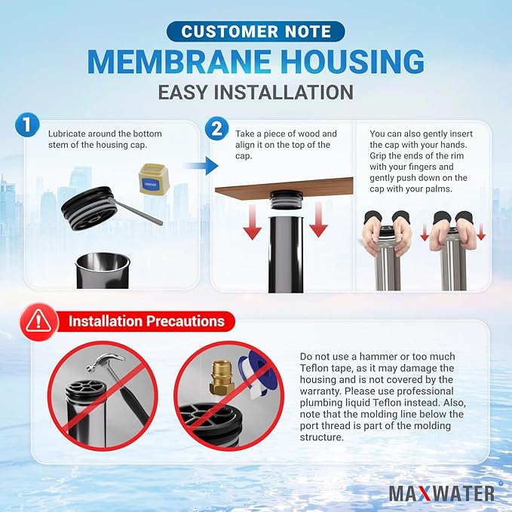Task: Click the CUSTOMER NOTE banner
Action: coord(256,32)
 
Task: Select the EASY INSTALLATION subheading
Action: coord(256,92)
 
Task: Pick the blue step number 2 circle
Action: coord(216,128)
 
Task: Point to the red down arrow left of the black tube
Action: coord(251,223)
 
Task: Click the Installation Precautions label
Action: coord(146,321)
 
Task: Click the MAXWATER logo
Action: coord(442,492)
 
